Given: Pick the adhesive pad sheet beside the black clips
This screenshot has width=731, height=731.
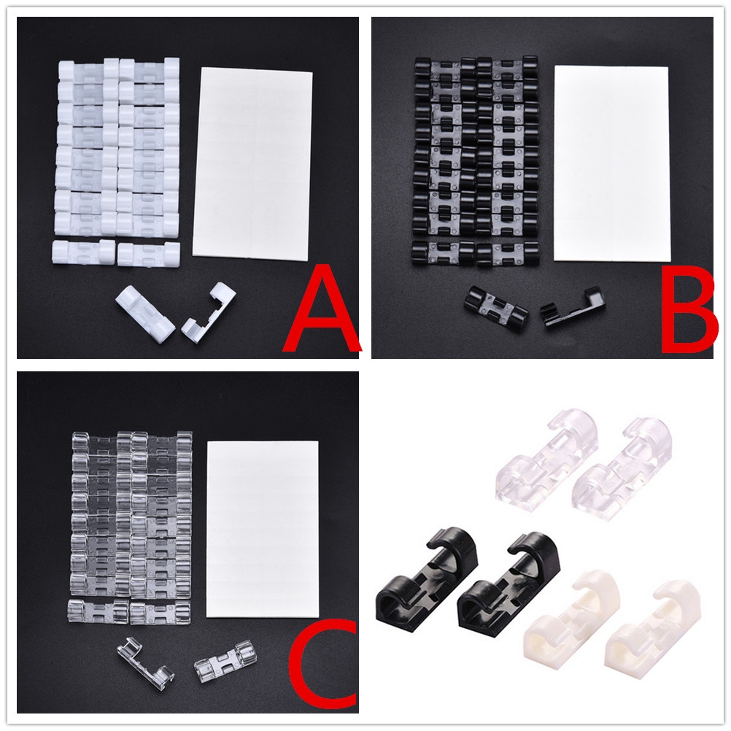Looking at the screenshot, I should point(611,163).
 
